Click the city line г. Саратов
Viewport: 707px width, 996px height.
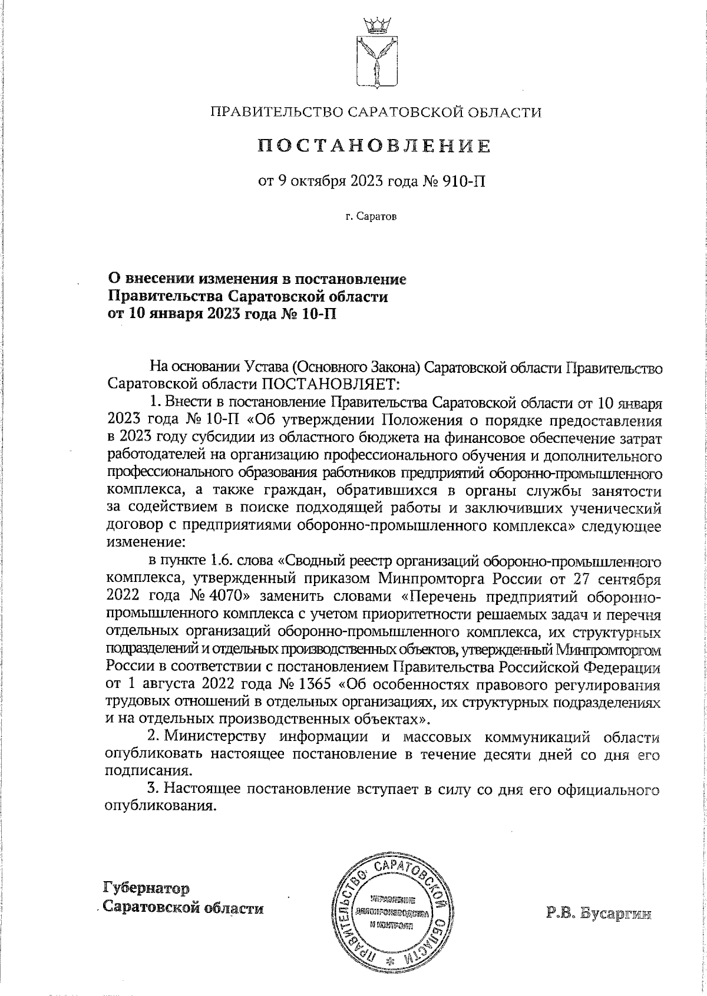(372, 217)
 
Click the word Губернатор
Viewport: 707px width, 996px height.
(147, 888)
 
